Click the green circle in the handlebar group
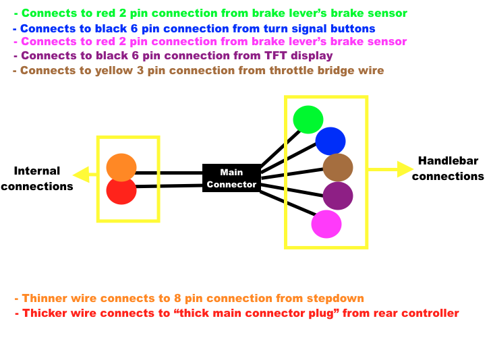(x=308, y=119)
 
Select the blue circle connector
(x=330, y=141)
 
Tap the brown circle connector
(x=338, y=167)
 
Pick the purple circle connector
(x=338, y=196)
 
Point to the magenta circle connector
(x=326, y=224)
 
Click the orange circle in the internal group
(x=121, y=167)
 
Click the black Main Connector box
(x=232, y=178)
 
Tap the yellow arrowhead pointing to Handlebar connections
(x=405, y=169)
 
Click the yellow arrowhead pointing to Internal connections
(x=81, y=175)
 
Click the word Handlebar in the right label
(x=448, y=161)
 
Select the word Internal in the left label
(x=37, y=171)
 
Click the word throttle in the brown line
(x=291, y=70)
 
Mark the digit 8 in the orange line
(x=177, y=299)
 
